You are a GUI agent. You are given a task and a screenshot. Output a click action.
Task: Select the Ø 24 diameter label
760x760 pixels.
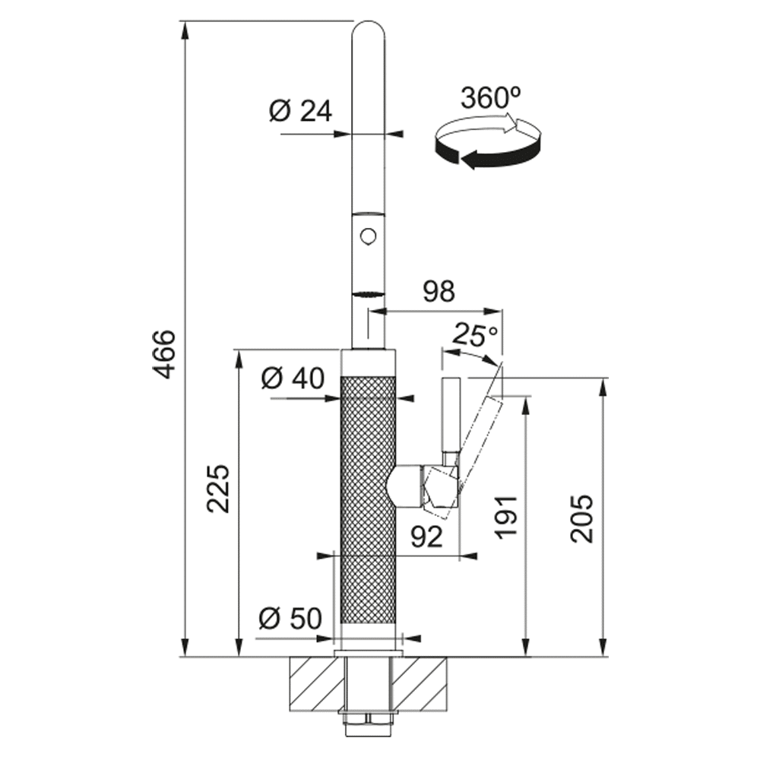[x=300, y=111]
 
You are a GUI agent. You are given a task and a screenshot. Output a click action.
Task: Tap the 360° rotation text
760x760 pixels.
[x=490, y=97]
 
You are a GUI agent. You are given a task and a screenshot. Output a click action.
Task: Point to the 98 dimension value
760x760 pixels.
[x=439, y=292]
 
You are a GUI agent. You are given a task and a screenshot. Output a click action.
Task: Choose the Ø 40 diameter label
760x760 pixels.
[x=293, y=378]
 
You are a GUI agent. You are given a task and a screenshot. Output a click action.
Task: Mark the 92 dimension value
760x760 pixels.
[x=426, y=537]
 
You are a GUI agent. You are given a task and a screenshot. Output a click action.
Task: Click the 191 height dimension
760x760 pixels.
[x=506, y=517]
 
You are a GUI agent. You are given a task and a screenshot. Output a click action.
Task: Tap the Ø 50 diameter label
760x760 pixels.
[x=290, y=619]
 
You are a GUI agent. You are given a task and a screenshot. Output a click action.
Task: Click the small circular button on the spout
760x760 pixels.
[x=369, y=237]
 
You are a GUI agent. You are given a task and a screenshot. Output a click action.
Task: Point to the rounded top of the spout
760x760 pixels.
[x=369, y=29]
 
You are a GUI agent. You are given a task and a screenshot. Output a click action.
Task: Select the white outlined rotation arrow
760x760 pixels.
[x=477, y=125]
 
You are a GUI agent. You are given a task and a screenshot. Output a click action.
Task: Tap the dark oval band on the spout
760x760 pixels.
[x=369, y=293]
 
